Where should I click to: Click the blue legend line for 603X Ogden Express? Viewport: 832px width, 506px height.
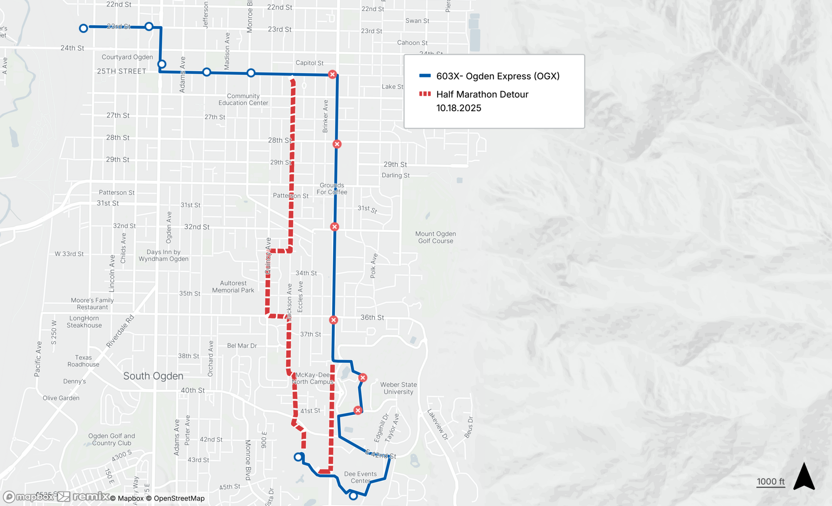click(x=425, y=76)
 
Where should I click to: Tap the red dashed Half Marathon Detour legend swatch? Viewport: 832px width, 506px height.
click(x=425, y=94)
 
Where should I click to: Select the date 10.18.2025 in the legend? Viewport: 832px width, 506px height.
click(x=458, y=108)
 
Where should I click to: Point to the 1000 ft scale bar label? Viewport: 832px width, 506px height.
click(x=770, y=481)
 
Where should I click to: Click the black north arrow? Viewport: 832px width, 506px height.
click(x=804, y=477)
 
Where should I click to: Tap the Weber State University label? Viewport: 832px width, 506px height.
click(x=398, y=388)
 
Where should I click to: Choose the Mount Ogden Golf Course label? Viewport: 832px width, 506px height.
click(x=436, y=237)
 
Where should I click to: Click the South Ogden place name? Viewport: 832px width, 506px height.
click(x=153, y=376)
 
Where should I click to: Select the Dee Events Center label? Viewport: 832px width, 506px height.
click(x=360, y=477)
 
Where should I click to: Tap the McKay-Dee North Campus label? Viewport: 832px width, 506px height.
click(x=312, y=378)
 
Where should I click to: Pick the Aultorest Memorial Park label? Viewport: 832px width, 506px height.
click(x=233, y=287)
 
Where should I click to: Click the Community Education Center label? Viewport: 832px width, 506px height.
click(x=243, y=99)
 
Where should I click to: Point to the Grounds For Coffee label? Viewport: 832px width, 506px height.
click(x=332, y=189)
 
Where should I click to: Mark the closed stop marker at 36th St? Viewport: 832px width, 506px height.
click(x=334, y=320)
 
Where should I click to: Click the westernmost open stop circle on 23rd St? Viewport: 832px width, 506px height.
click(x=84, y=28)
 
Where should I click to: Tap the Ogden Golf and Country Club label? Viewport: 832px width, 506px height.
click(x=111, y=439)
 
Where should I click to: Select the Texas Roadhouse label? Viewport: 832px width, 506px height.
click(x=83, y=361)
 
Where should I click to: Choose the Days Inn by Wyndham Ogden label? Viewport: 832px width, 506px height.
click(x=163, y=255)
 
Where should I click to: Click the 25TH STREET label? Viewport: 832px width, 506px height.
click(x=121, y=71)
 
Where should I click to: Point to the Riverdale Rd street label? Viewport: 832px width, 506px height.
click(x=120, y=331)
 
